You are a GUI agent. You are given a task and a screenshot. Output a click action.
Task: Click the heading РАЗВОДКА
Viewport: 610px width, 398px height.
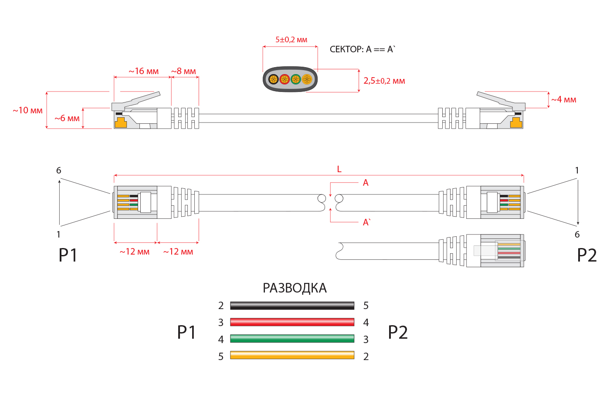(295, 288)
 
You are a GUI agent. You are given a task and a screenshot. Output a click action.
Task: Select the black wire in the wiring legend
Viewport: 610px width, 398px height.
(292, 306)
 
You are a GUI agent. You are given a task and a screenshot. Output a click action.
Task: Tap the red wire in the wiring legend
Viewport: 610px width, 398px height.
(292, 322)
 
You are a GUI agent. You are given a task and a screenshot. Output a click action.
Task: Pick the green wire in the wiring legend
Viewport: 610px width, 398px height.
(292, 339)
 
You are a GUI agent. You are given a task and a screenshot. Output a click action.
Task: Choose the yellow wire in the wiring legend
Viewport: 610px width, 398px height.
(292, 355)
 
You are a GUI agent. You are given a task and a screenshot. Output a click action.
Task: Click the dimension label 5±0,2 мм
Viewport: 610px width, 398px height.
(291, 40)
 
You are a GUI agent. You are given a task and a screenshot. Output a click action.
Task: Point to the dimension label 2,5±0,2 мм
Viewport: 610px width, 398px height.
(384, 81)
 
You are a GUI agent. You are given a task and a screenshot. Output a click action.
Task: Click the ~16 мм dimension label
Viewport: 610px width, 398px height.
(143, 71)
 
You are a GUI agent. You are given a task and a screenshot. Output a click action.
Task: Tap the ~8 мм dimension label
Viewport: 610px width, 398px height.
(183, 71)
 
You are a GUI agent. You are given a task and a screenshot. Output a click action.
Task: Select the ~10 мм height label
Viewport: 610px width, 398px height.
(27, 110)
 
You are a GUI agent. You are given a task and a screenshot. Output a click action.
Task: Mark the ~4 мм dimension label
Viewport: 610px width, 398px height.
(563, 99)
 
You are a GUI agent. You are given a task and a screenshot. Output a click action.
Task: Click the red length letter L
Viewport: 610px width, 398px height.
(339, 169)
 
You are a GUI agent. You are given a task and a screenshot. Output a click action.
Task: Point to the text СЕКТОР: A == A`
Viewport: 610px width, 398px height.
(362, 49)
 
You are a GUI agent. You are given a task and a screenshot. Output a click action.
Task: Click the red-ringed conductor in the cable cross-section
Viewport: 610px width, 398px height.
(285, 79)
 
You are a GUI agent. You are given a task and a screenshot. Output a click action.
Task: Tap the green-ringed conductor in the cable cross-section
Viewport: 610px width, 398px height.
(296, 79)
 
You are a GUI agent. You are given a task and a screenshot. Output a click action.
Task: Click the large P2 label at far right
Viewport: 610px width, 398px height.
(586, 255)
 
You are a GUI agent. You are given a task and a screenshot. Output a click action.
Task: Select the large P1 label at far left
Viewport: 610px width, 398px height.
(68, 255)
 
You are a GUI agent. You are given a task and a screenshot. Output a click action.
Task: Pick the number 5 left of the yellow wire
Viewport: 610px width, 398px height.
(221, 357)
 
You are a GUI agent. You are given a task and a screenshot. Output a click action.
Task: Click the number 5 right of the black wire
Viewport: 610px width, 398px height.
(366, 306)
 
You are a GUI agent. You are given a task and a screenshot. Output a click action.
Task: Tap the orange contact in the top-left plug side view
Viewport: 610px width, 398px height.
(121, 122)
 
